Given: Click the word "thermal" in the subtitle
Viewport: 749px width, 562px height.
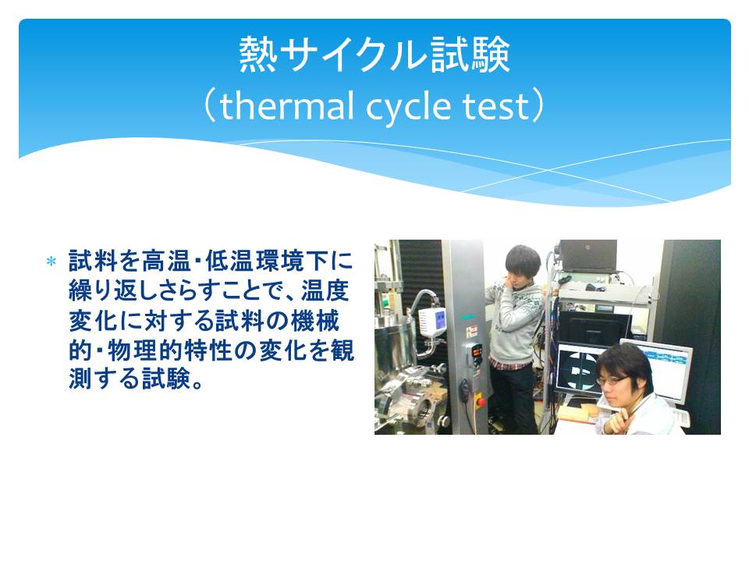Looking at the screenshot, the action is (x=286, y=105).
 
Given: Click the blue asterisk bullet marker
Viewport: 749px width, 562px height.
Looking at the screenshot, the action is (x=51, y=262).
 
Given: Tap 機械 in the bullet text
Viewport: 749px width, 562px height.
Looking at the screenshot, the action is (x=314, y=320).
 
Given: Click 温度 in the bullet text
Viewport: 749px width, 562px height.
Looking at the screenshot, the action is (x=325, y=290).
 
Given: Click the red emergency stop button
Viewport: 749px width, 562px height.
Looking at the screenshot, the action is (x=479, y=401).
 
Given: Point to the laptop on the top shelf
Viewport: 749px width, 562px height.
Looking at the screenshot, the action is (x=588, y=256).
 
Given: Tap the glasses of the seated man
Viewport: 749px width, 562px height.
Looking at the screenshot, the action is (x=613, y=380).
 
